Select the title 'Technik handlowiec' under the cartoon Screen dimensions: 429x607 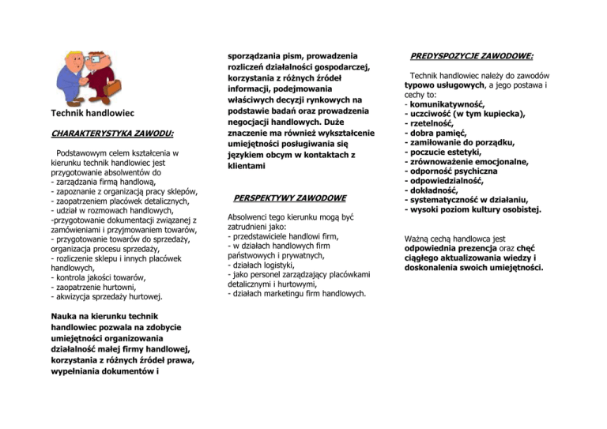(92, 113)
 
